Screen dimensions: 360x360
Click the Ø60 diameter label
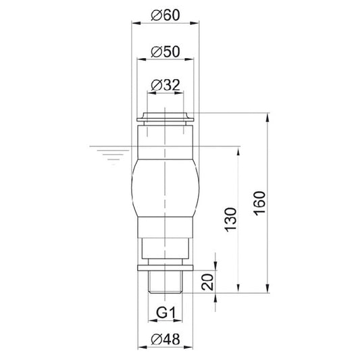[165, 16]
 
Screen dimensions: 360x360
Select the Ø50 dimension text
[165, 52]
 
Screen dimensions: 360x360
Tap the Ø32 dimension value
[165, 85]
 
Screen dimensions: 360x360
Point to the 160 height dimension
[259, 203]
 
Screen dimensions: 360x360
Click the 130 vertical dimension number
[230, 220]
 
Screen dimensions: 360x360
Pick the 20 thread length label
[207, 282]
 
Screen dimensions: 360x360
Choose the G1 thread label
[165, 313]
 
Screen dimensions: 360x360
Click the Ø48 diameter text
[165, 339]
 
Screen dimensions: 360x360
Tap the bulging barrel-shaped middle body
[165, 188]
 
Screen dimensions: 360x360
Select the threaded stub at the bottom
[165, 282]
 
